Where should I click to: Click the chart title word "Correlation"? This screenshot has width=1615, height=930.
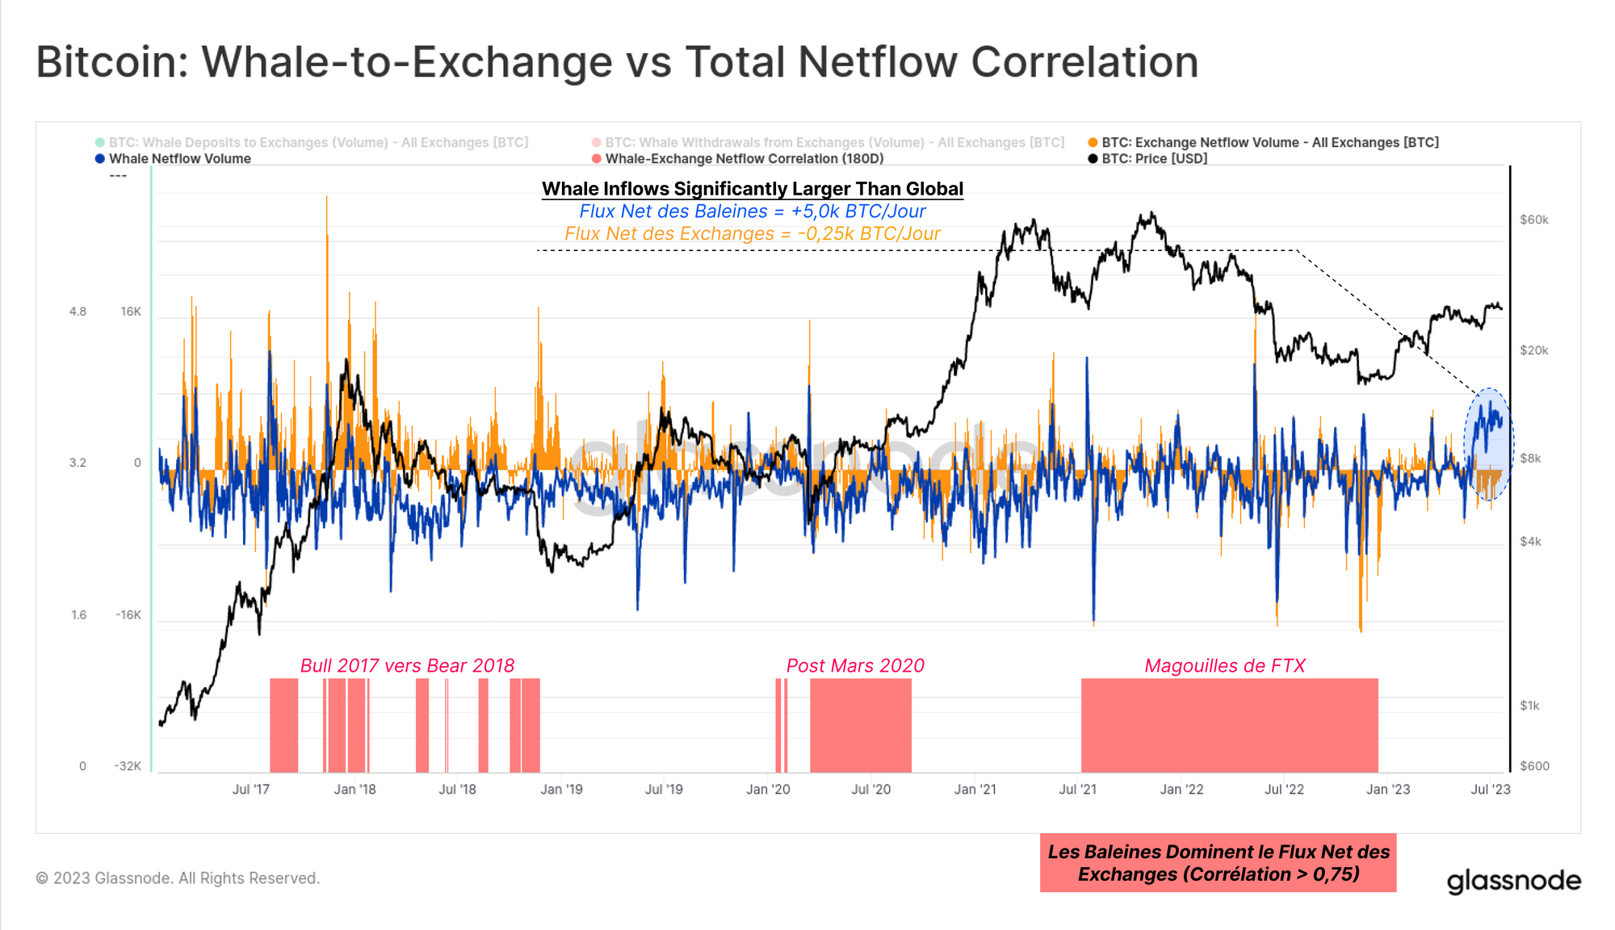click(1084, 62)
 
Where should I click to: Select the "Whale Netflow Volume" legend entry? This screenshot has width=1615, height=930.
click(179, 159)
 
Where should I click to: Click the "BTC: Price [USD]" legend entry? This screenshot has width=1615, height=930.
click(1154, 159)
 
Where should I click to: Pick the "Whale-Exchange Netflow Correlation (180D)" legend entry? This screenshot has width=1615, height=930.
click(744, 159)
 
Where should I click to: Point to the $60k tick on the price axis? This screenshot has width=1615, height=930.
click(1533, 220)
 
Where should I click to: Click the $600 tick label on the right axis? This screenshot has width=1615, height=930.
click(1534, 766)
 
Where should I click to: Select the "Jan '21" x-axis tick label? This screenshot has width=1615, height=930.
click(975, 790)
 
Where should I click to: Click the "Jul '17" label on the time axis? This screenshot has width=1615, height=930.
click(250, 790)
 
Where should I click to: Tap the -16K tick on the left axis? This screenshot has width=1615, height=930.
click(128, 615)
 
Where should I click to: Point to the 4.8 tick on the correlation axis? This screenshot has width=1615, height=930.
click(78, 312)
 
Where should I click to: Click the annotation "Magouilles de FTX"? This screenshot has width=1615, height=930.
click(1224, 666)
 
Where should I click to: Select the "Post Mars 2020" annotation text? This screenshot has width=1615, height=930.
click(855, 666)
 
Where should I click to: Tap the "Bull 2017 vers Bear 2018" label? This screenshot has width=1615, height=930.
click(407, 666)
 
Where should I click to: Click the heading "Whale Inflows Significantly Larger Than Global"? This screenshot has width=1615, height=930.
click(752, 189)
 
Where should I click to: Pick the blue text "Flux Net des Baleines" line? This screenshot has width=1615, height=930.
click(752, 212)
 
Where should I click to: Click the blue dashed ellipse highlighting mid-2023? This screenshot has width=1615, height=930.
click(1488, 444)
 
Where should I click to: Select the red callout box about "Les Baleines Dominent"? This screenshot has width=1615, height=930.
click(1218, 863)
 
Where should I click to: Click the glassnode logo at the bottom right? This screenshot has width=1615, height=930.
click(1513, 881)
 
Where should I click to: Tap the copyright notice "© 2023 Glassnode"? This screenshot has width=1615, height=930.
click(178, 878)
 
